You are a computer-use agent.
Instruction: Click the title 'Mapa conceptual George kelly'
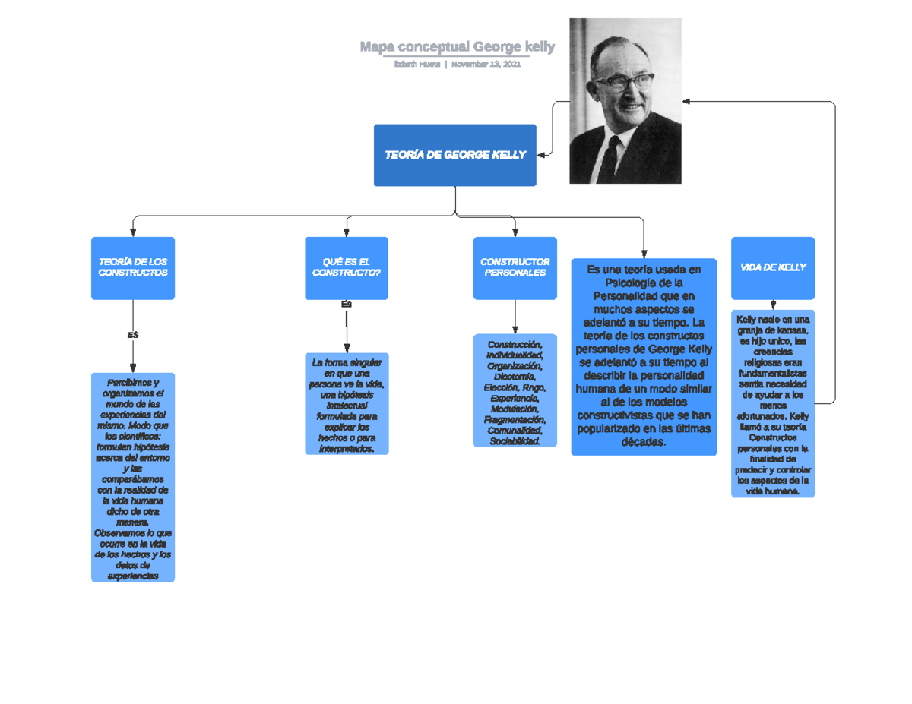click(x=457, y=47)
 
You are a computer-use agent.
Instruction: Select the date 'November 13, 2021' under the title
click(x=486, y=65)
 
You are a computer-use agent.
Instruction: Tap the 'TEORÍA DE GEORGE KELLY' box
click(x=454, y=155)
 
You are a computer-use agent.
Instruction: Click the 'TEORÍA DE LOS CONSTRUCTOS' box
click(x=133, y=267)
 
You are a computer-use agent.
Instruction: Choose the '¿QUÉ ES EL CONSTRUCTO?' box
click(x=346, y=267)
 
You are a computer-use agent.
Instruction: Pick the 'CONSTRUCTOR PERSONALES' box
click(x=515, y=267)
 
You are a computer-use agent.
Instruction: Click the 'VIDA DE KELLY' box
click(x=772, y=267)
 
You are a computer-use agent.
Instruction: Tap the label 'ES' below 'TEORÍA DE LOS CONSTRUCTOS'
click(x=133, y=335)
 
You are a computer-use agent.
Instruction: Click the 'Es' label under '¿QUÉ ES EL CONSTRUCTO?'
click(x=347, y=304)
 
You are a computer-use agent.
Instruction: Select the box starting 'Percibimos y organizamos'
click(x=133, y=477)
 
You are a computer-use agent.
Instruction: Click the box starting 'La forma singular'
click(x=347, y=404)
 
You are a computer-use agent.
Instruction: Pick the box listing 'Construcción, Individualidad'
click(x=515, y=390)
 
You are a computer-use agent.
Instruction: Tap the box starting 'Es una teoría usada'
click(x=644, y=356)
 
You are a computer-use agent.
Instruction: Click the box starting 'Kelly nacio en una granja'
click(x=772, y=404)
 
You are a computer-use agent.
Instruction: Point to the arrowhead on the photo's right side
click(x=686, y=100)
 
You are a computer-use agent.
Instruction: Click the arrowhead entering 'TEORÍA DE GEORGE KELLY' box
click(x=542, y=155)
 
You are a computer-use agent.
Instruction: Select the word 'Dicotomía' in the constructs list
click(x=515, y=377)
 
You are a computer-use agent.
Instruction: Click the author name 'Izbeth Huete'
click(x=416, y=65)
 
